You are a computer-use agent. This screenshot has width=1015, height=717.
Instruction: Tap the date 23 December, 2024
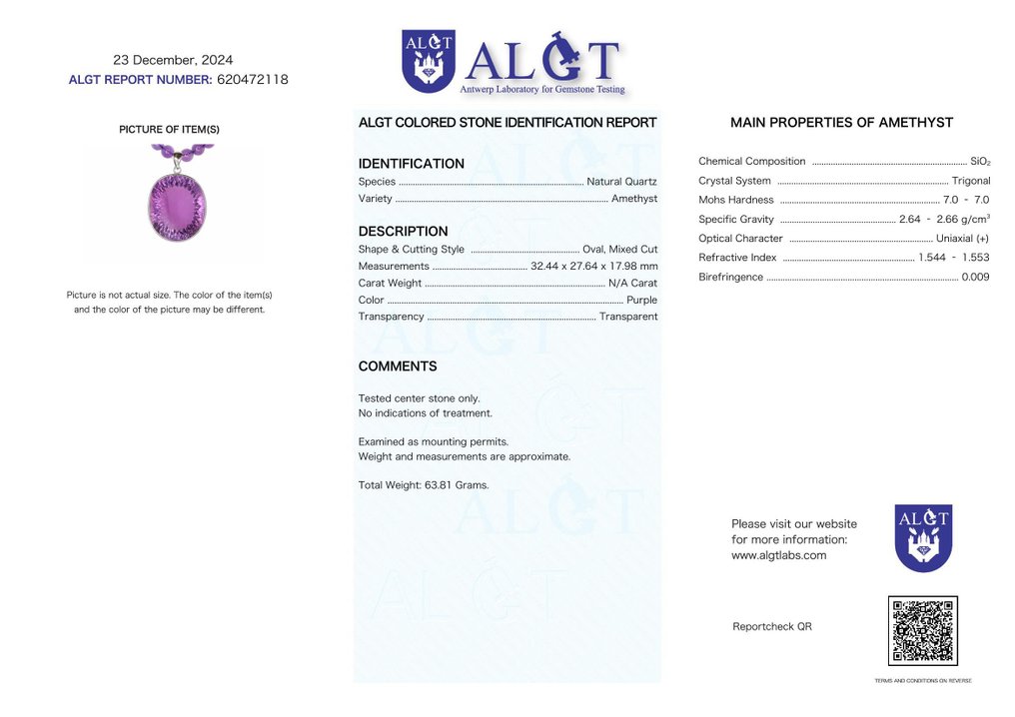173,60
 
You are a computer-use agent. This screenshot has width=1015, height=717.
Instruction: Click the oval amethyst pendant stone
176,206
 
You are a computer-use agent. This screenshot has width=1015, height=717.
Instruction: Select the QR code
922,631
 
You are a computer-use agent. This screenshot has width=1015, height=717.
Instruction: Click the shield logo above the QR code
923,537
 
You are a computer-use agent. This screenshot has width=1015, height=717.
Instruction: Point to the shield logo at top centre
429,61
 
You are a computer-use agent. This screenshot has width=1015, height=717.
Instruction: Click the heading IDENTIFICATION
411,164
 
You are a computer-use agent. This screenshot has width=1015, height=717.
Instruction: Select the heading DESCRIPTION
403,232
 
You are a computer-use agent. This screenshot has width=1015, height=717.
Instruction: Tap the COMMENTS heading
397,366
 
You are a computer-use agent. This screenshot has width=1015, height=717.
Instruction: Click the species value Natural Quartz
621,182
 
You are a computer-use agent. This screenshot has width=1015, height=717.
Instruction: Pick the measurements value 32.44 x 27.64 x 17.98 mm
594,267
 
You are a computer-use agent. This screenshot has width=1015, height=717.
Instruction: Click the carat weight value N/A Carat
632,284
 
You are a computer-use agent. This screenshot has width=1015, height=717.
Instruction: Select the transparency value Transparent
628,317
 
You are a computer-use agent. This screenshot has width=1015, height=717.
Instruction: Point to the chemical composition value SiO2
980,162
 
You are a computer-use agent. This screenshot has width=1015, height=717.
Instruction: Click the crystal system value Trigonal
971,181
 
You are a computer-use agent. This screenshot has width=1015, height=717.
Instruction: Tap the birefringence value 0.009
975,277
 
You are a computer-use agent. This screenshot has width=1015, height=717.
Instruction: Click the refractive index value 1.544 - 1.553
954,258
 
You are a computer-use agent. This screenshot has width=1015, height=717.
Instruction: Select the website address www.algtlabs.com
778,555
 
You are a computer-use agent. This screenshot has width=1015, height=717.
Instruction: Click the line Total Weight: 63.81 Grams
424,485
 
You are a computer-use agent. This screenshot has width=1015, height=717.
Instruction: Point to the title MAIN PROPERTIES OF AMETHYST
841,123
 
